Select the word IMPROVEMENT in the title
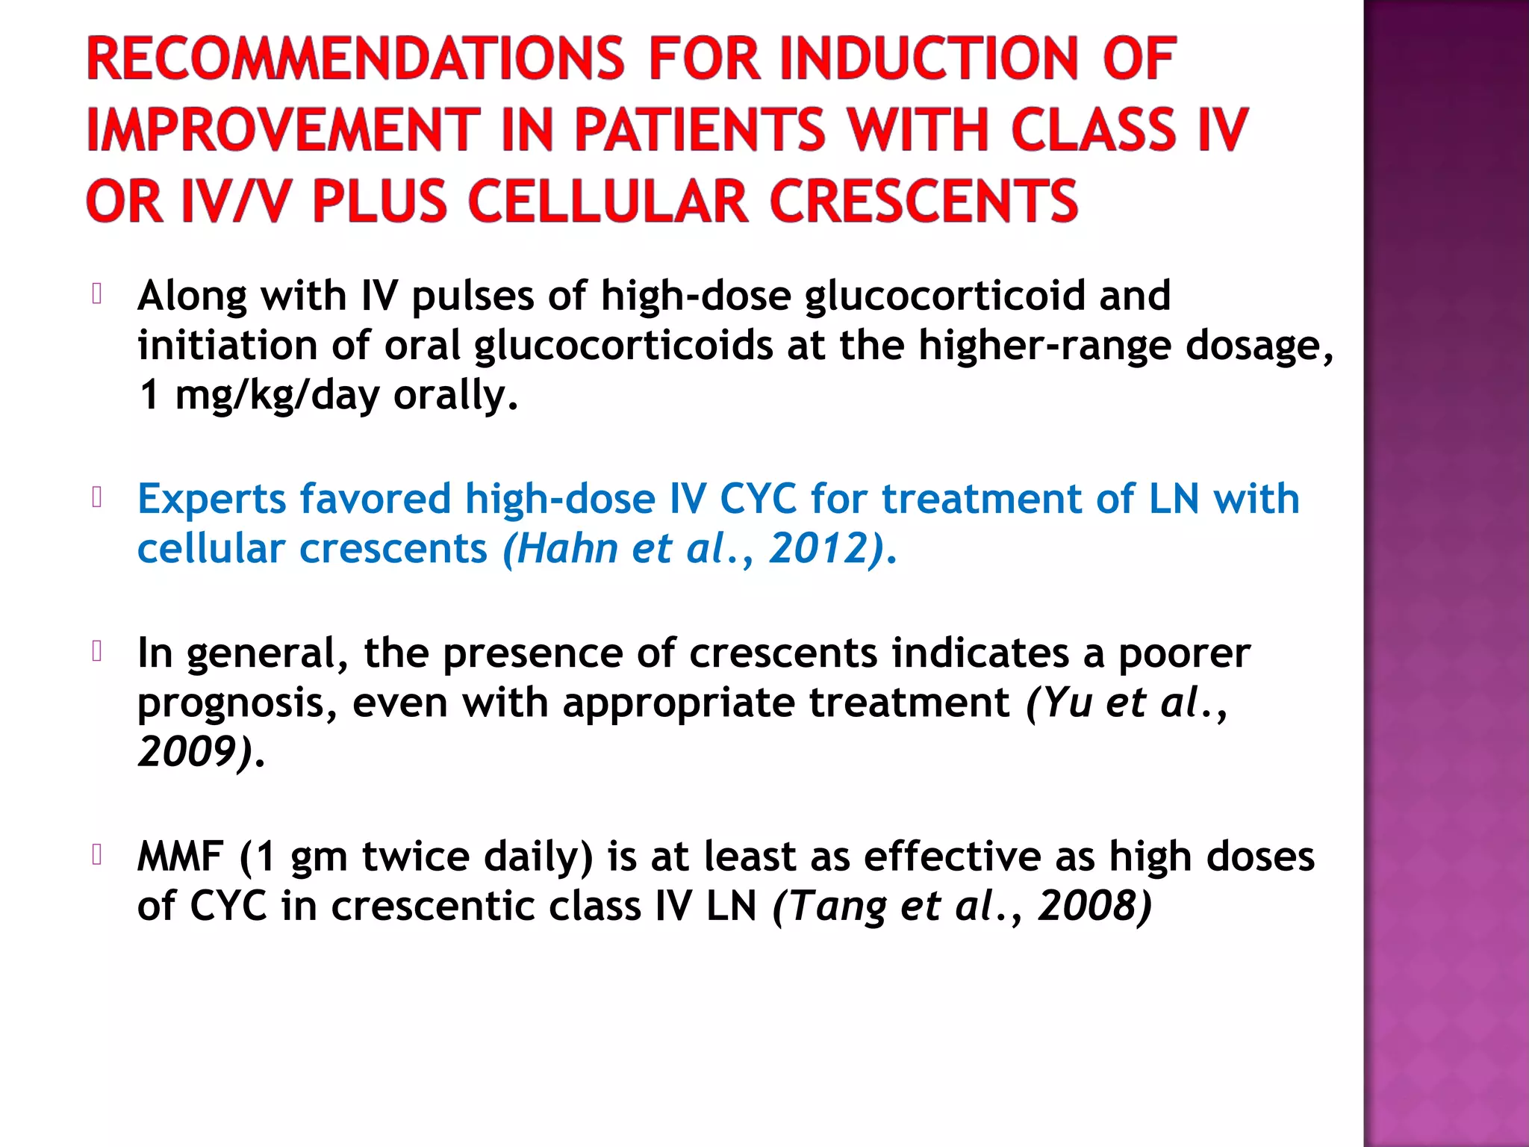283,130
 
